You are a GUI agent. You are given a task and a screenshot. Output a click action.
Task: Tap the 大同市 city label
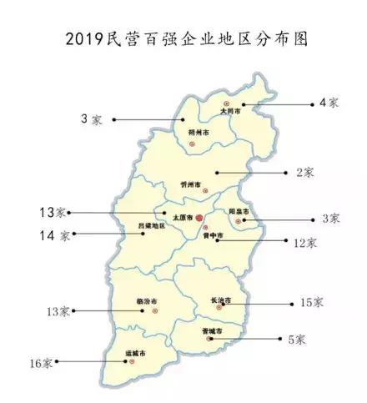[230, 110]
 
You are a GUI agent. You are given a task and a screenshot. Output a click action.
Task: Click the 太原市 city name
[183, 218]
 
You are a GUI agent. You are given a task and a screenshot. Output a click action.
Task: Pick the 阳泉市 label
[240, 212]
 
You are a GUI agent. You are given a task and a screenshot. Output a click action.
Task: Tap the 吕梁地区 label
[151, 226]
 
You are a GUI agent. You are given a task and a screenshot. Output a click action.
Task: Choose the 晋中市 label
[212, 236]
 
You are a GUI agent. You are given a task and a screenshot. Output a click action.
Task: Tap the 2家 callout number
[304, 173]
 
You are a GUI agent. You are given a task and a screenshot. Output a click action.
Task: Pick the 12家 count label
[304, 244]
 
